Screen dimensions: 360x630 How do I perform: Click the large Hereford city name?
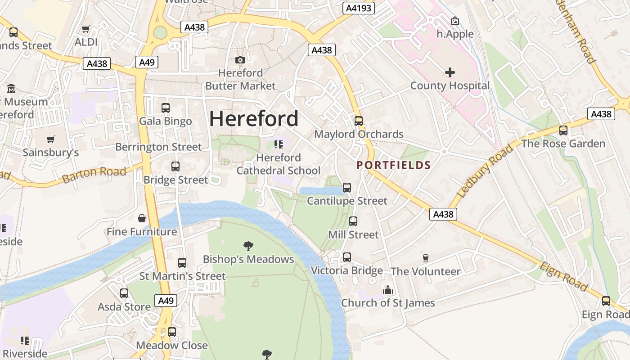click(x=254, y=119)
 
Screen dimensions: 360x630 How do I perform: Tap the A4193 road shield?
click(x=358, y=8)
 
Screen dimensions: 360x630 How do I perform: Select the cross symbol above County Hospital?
click(x=450, y=72)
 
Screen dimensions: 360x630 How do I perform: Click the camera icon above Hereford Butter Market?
click(x=240, y=60)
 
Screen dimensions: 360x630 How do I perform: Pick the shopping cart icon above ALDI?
click(x=85, y=29)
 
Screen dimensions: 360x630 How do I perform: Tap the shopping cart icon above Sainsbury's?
click(x=51, y=139)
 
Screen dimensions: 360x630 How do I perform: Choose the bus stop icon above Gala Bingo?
click(x=165, y=108)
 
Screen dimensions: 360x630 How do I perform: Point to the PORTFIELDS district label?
click(x=394, y=165)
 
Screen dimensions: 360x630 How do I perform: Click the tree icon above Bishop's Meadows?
click(x=248, y=246)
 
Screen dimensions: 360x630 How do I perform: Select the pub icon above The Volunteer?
click(x=425, y=258)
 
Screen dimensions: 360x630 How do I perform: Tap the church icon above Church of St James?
click(x=388, y=290)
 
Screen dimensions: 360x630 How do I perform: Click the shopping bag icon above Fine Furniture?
click(x=142, y=219)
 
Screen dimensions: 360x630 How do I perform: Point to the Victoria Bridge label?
click(x=347, y=270)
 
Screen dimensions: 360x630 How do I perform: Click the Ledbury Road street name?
click(x=484, y=171)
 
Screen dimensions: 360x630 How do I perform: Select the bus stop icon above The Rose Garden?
click(x=563, y=130)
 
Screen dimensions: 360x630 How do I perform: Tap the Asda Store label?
click(x=124, y=307)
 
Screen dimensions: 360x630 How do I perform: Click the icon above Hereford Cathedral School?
click(x=279, y=144)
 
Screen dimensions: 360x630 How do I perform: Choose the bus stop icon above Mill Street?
click(x=353, y=221)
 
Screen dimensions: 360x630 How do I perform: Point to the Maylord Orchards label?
click(x=359, y=134)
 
